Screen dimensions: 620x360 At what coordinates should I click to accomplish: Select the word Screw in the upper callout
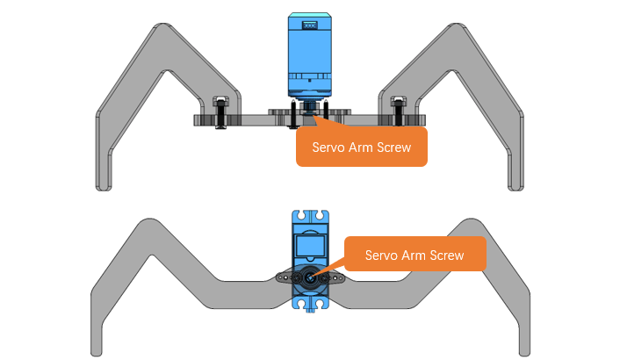tap(393, 148)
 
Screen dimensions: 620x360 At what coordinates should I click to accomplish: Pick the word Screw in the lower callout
tap(447, 256)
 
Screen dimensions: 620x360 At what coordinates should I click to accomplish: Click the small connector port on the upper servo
tap(310, 25)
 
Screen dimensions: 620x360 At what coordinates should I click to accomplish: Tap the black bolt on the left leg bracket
tap(220, 112)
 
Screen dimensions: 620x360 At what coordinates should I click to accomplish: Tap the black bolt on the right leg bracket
tap(398, 112)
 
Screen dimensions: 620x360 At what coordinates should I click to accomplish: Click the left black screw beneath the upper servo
tap(293, 115)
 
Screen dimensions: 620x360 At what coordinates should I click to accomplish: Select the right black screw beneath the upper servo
tap(326, 110)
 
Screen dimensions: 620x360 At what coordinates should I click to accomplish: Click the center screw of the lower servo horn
tap(310, 277)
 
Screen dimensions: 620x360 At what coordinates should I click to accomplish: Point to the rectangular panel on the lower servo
tap(310, 246)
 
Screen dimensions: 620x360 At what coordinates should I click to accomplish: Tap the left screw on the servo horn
tap(296, 278)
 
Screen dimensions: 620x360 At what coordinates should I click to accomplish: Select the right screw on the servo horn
tap(325, 278)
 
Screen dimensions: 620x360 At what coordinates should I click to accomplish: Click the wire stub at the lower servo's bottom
tap(310, 311)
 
